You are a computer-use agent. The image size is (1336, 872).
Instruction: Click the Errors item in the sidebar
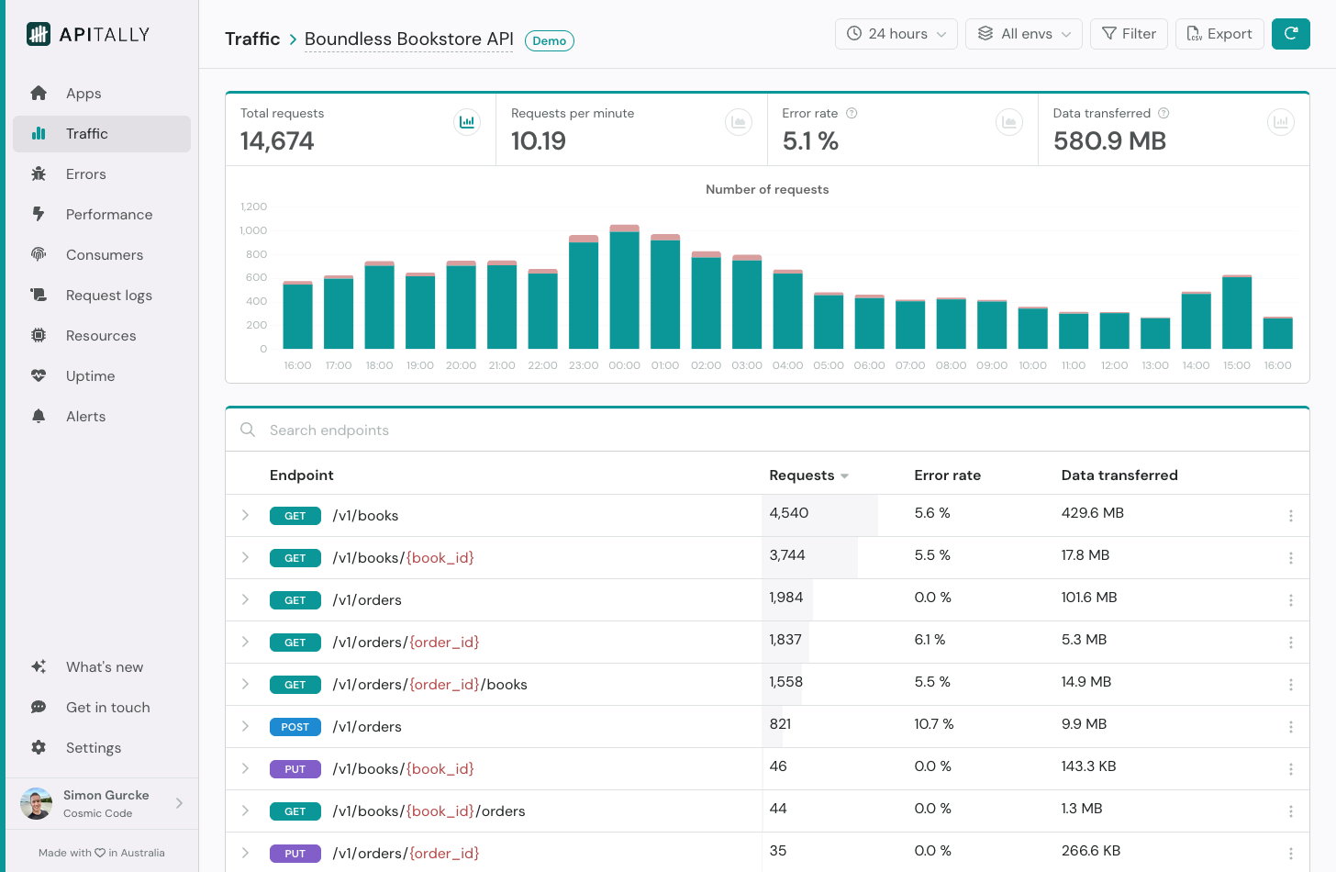(85, 174)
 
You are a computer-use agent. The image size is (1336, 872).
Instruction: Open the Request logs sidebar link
(108, 296)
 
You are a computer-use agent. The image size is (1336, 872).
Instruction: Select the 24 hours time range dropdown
(896, 34)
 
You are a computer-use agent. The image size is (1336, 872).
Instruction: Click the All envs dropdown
(1023, 34)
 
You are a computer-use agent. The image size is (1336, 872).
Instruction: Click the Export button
(1219, 34)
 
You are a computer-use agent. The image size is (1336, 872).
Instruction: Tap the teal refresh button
(1290, 34)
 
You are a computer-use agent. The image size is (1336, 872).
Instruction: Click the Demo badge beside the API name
(549, 41)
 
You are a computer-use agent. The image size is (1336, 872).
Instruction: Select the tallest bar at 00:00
(624, 288)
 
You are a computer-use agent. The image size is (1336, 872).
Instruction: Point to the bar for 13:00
(1154, 333)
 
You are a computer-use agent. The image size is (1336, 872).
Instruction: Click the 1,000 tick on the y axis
(253, 230)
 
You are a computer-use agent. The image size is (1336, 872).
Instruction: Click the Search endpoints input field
(551, 430)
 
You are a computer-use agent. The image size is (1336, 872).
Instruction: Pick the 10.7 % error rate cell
(933, 724)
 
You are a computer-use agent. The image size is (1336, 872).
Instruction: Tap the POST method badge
(295, 727)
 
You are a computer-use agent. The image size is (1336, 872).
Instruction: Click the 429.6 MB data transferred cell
(1092, 513)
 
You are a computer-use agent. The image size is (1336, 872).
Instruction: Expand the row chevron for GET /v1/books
(245, 515)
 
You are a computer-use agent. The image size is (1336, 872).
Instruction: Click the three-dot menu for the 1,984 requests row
(1290, 600)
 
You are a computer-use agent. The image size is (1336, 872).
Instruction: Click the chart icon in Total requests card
(467, 122)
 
